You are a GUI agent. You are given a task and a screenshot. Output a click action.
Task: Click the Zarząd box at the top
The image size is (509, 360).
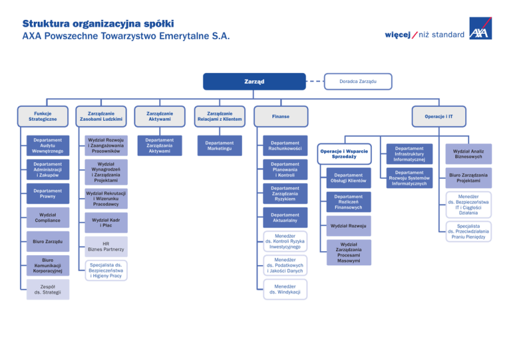tap(254, 82)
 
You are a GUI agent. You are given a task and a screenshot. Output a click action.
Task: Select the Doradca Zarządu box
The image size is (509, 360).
tap(358, 81)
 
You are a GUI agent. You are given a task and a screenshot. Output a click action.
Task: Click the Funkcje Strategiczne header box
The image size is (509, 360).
tap(48, 115)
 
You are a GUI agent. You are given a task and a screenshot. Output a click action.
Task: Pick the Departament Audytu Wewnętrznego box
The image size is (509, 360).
tap(48, 145)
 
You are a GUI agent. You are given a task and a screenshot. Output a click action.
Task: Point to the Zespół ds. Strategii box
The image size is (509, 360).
tap(48, 288)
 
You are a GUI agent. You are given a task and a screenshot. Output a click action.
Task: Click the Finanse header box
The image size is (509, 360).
tap(282, 115)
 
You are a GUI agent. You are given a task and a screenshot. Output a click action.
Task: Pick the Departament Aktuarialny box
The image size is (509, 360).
tap(284, 218)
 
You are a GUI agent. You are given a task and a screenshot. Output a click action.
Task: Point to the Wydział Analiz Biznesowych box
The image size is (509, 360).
tap(468, 154)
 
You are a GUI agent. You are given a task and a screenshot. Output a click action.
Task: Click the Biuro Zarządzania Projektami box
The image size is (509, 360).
tap(468, 178)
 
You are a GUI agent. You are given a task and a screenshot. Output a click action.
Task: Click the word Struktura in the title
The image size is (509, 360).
tap(44, 16)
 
